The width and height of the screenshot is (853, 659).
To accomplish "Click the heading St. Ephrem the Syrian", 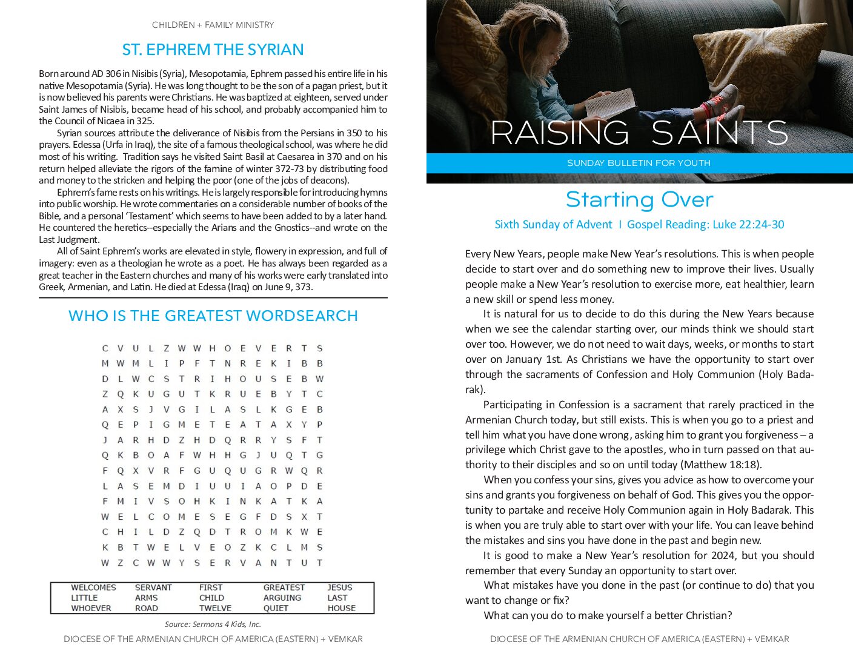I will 213,50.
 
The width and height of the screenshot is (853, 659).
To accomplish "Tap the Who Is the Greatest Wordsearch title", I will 213,316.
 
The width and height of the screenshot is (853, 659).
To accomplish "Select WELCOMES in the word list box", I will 93,588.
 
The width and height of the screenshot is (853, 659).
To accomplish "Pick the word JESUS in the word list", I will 340,588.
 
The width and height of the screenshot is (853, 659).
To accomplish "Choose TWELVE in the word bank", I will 215,608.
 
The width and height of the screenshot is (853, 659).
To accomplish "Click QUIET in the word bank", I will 276,608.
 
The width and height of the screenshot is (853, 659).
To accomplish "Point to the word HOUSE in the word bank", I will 342,608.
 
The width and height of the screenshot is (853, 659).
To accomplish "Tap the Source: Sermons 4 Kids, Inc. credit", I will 213,624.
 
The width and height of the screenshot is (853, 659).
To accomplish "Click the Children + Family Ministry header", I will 213,25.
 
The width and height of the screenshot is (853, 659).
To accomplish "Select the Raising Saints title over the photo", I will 639,133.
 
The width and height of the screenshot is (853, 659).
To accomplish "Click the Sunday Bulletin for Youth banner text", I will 639,163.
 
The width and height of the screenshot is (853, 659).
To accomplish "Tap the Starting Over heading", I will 639,200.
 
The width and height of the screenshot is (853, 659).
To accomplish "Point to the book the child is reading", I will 611,102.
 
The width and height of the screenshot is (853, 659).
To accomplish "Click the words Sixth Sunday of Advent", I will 553,225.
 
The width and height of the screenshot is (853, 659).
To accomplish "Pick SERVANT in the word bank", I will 153,588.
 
